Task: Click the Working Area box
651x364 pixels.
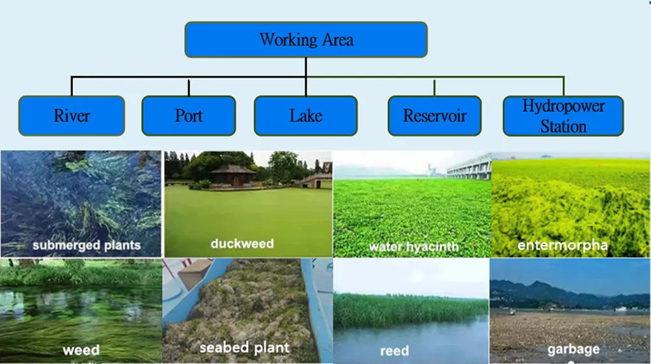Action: pyautogui.click(x=306, y=40)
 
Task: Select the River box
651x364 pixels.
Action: pyautogui.click(x=72, y=116)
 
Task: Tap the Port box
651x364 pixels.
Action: pyautogui.click(x=189, y=116)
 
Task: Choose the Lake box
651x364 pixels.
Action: pyautogui.click(x=305, y=116)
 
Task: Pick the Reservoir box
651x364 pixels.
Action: pyautogui.click(x=434, y=116)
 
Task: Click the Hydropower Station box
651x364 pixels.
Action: pyautogui.click(x=563, y=116)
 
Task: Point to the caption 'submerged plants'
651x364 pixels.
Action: pyautogui.click(x=87, y=246)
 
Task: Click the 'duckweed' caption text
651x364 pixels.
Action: pyautogui.click(x=242, y=244)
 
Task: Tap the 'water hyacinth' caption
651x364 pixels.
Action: pyautogui.click(x=413, y=247)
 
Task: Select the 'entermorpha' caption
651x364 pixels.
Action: pyautogui.click(x=562, y=245)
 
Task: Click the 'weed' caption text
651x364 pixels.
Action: pyautogui.click(x=81, y=350)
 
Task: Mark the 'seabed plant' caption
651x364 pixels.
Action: pyautogui.click(x=245, y=348)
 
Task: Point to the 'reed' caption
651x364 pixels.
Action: pyautogui.click(x=395, y=351)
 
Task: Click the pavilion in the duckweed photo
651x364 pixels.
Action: pyautogui.click(x=232, y=173)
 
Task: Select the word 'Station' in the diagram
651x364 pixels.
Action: pyautogui.click(x=563, y=126)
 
